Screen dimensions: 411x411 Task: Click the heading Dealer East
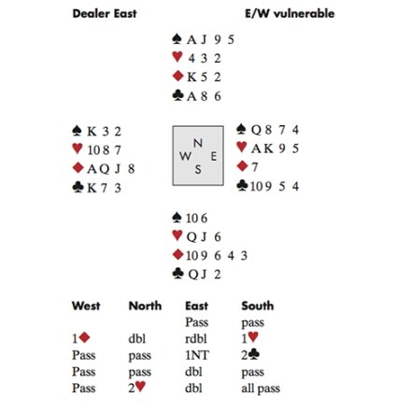(x=105, y=13)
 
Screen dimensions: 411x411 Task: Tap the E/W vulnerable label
(x=290, y=13)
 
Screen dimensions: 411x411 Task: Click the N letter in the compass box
(x=198, y=143)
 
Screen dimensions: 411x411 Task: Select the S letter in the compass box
(x=198, y=169)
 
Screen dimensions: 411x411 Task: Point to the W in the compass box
(x=185, y=156)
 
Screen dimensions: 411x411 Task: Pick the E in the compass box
(x=214, y=156)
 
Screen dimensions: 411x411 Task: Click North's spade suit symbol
(x=177, y=39)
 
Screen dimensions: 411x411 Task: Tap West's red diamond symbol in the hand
(x=78, y=168)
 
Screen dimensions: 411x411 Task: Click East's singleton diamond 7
(x=255, y=167)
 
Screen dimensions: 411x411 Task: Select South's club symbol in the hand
(x=177, y=274)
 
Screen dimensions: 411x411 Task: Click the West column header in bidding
(x=86, y=305)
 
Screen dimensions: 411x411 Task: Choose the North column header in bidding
(x=145, y=305)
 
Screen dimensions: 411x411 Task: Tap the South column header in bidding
(x=258, y=305)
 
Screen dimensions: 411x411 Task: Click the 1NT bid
(x=197, y=355)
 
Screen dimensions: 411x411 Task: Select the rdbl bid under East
(x=196, y=338)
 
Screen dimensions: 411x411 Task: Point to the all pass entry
(x=261, y=389)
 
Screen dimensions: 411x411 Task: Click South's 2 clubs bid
(x=250, y=355)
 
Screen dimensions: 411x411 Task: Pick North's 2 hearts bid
(x=137, y=388)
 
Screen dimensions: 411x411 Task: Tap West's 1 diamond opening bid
(x=81, y=338)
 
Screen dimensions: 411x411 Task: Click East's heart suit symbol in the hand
(x=242, y=147)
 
